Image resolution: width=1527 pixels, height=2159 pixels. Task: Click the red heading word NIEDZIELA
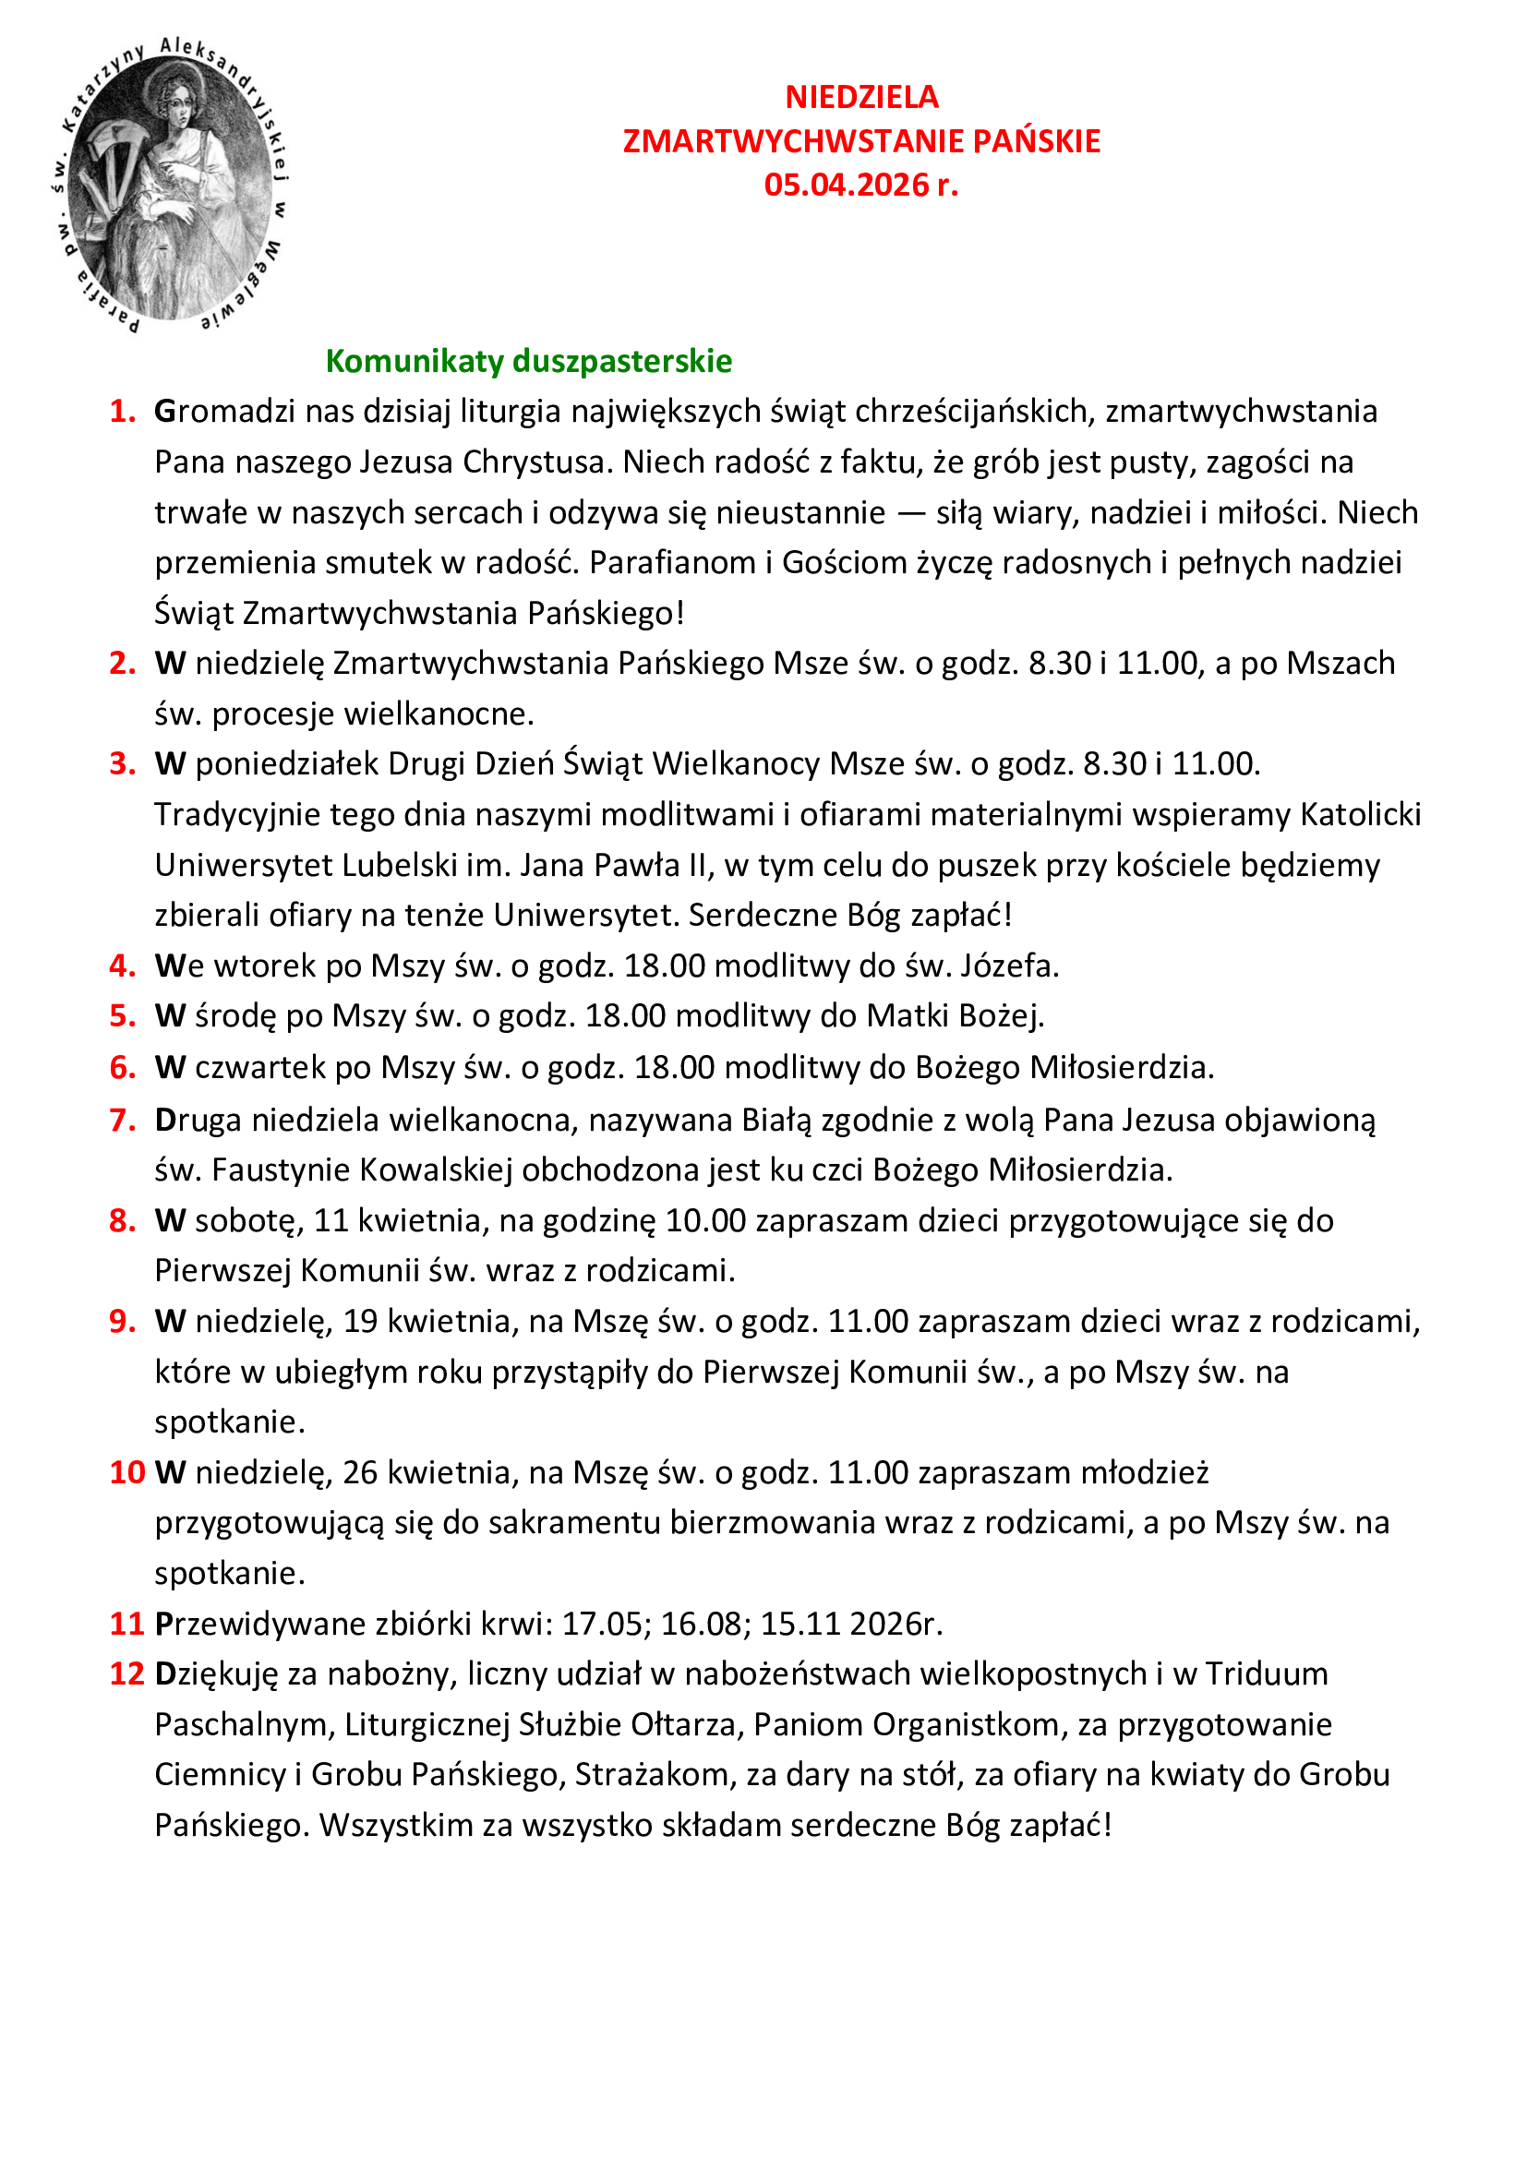(x=861, y=97)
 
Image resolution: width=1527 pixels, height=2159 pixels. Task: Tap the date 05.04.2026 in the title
(x=846, y=185)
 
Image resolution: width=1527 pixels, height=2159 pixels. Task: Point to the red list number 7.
(x=122, y=1120)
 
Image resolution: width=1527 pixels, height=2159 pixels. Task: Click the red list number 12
(x=126, y=1673)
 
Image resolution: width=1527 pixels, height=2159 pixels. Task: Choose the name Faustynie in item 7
(x=282, y=1170)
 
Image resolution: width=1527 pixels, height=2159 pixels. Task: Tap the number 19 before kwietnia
(x=360, y=1321)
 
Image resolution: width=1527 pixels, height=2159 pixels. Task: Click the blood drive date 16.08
(x=700, y=1624)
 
